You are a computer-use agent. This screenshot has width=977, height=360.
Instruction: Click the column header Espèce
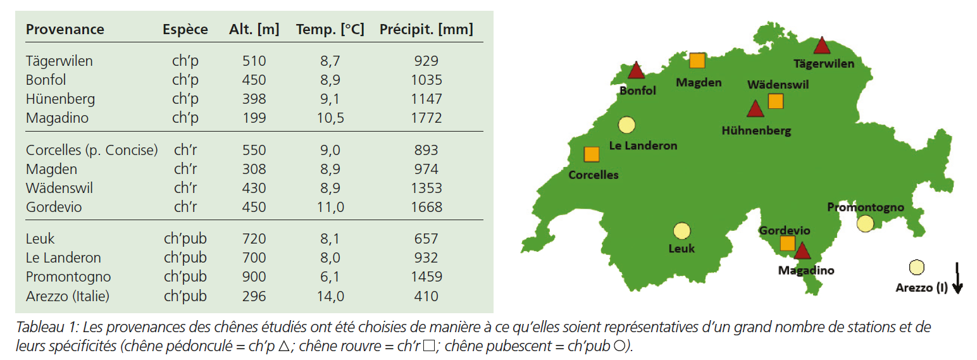185,29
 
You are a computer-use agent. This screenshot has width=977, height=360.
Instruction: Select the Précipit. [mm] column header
426,29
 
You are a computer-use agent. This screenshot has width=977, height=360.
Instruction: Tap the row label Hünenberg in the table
60,99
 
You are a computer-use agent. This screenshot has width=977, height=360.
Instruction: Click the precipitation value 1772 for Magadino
426,118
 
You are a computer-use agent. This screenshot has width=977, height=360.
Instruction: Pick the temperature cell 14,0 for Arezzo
330,295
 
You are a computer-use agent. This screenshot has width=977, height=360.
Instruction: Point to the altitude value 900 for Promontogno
254,276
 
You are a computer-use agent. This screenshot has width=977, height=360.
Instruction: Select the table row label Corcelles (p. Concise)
91,150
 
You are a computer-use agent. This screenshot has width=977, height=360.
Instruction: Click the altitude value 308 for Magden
254,169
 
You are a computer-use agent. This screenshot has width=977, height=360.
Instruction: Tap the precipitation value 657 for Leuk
426,239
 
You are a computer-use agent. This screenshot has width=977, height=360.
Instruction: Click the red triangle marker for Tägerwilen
821,46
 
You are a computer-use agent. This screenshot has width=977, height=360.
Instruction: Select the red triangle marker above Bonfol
635,71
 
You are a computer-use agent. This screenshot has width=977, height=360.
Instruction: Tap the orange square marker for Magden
697,61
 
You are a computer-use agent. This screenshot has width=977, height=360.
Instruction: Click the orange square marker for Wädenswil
775,101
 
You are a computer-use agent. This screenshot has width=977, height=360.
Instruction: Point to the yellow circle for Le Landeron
626,125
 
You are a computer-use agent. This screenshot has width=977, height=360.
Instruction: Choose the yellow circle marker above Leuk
681,231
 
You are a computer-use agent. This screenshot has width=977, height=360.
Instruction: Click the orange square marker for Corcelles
591,154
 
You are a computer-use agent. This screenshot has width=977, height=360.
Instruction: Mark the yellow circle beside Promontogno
865,223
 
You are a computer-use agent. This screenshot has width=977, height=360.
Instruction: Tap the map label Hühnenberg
756,131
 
